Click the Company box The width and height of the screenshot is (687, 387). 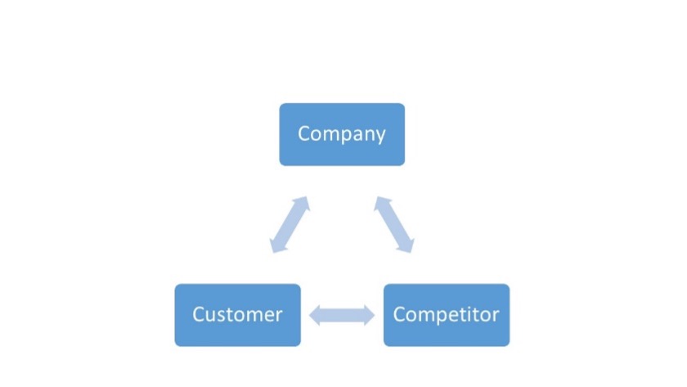[x=342, y=134]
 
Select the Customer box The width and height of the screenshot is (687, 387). [x=237, y=315]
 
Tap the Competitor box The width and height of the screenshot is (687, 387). [x=447, y=315]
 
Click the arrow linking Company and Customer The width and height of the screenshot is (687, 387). [x=290, y=225]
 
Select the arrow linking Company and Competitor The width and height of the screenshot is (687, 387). [x=394, y=225]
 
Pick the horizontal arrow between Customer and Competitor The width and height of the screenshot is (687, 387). [x=342, y=315]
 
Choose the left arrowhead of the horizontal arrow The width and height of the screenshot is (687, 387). [x=315, y=315]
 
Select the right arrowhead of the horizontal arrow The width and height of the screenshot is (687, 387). [x=370, y=315]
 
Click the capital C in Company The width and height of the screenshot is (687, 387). [x=303, y=133]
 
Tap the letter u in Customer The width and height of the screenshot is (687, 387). [x=209, y=316]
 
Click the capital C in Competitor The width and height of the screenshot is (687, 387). [x=399, y=314]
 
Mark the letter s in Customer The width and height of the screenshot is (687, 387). [x=220, y=316]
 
